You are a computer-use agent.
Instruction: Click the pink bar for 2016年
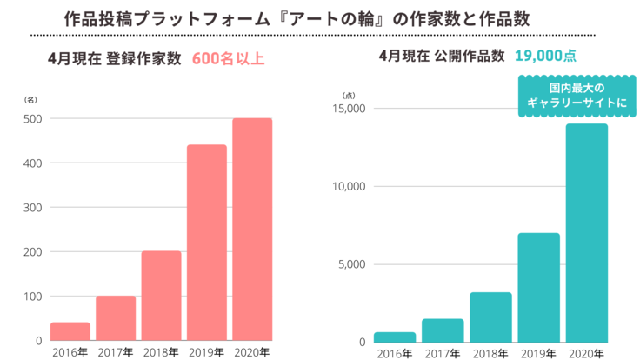pyautogui.click(x=70, y=331)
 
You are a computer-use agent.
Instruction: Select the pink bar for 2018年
pyautogui.click(x=161, y=296)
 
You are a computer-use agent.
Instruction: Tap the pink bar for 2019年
pyautogui.click(x=206, y=243)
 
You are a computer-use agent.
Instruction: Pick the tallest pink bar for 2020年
pyautogui.click(x=252, y=230)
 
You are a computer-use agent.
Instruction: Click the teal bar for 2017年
pyautogui.click(x=443, y=330)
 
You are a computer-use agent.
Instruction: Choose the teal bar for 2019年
pyautogui.click(x=538, y=287)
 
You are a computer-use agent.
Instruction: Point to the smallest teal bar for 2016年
pyautogui.click(x=395, y=337)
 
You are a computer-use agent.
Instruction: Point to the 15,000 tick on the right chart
pyautogui.click(x=350, y=109)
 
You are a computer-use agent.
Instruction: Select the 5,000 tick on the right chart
pyautogui.click(x=352, y=264)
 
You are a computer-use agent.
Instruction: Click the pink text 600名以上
pyautogui.click(x=228, y=60)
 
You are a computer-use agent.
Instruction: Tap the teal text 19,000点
pyautogui.click(x=545, y=57)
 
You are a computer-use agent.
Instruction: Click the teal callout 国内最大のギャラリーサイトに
pyautogui.click(x=563, y=96)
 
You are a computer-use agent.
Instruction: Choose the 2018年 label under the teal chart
pyautogui.click(x=490, y=353)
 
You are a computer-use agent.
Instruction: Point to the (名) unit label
pyautogui.click(x=30, y=101)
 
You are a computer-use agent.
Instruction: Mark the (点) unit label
pyautogui.click(x=350, y=94)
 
